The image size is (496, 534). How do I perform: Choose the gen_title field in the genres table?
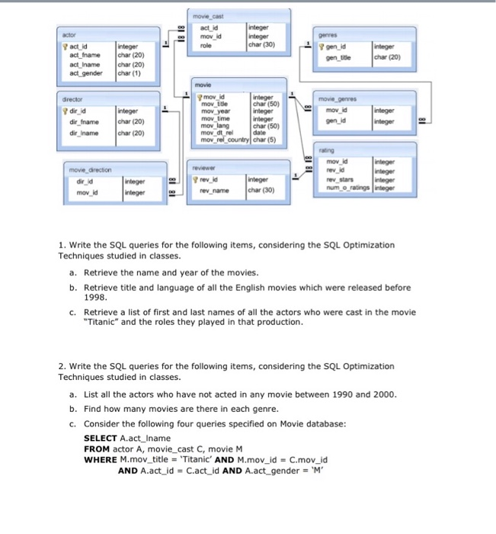click(338, 56)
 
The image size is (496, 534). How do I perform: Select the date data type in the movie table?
click(259, 134)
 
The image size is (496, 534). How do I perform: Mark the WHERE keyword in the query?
click(99, 460)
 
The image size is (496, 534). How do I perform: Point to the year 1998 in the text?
click(95, 298)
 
